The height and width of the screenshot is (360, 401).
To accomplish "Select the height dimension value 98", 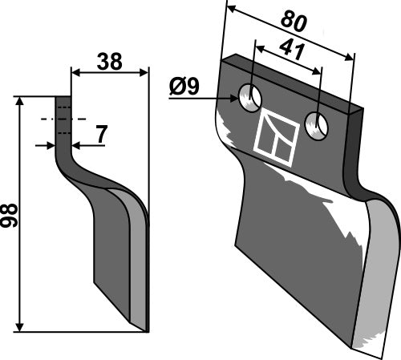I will point(10,214).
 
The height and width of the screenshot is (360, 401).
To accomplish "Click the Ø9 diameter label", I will point(187,86).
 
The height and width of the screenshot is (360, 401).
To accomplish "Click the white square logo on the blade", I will point(276,133).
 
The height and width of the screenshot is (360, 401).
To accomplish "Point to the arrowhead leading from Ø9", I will point(237,99).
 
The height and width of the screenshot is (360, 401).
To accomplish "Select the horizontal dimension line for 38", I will point(110,73).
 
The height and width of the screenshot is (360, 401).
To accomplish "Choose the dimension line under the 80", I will point(290,32).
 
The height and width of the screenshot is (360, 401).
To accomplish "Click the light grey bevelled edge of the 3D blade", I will point(376,281).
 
